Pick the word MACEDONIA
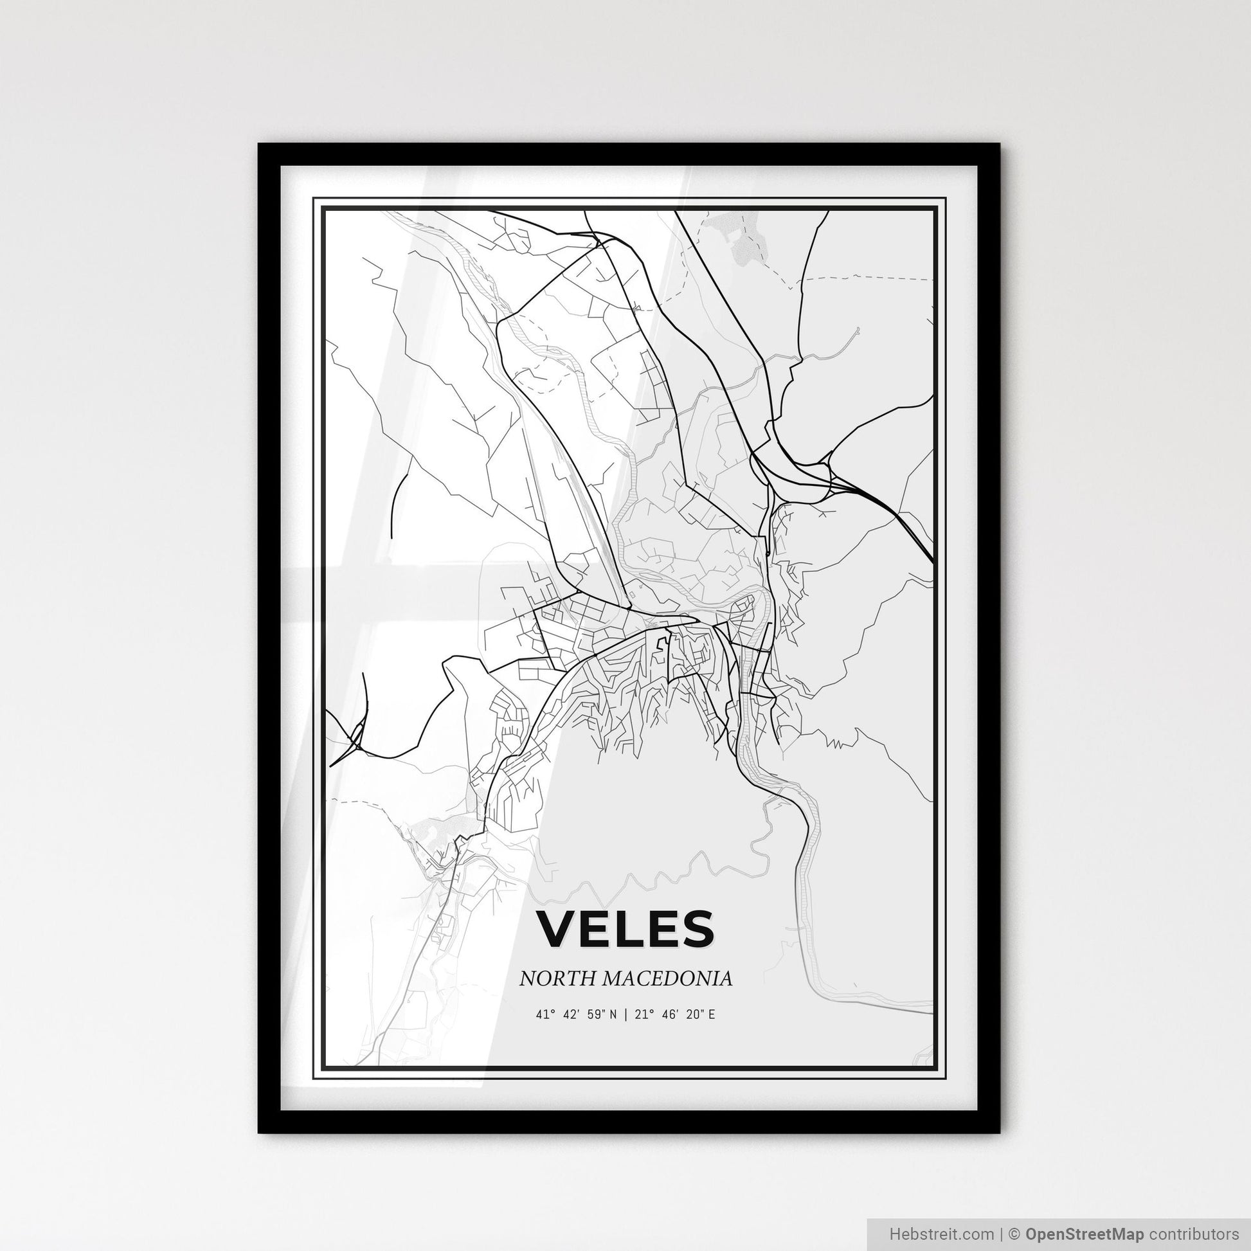[x=667, y=978]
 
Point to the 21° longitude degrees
[x=643, y=1014]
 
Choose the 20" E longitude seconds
[x=702, y=1014]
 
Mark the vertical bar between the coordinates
[x=625, y=1014]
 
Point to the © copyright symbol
[x=1016, y=1232]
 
